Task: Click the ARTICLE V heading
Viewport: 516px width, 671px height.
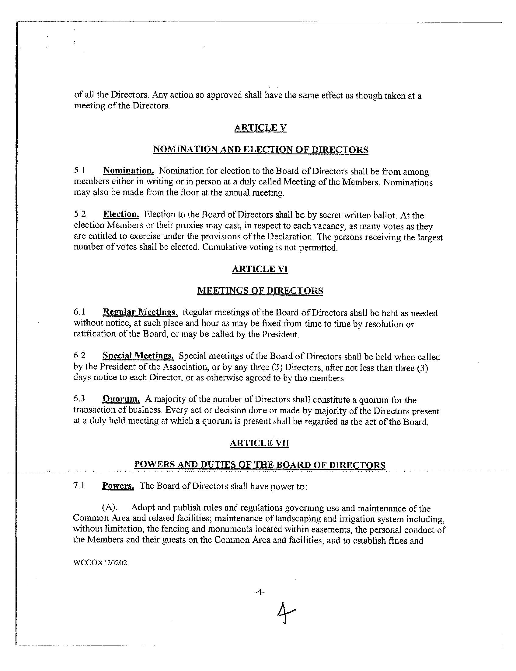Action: click(x=260, y=128)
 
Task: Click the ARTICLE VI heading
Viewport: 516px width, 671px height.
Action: click(x=260, y=269)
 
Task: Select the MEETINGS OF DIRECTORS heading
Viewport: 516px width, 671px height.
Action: click(x=260, y=291)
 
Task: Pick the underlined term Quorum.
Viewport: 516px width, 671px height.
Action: click(x=121, y=400)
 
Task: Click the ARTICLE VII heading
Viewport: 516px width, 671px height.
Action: click(x=259, y=443)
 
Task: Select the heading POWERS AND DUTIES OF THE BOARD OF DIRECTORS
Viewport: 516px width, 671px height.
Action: click(x=260, y=465)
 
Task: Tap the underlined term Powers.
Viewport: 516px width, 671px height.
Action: click(x=118, y=486)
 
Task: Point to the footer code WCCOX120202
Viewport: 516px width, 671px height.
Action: click(x=100, y=563)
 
